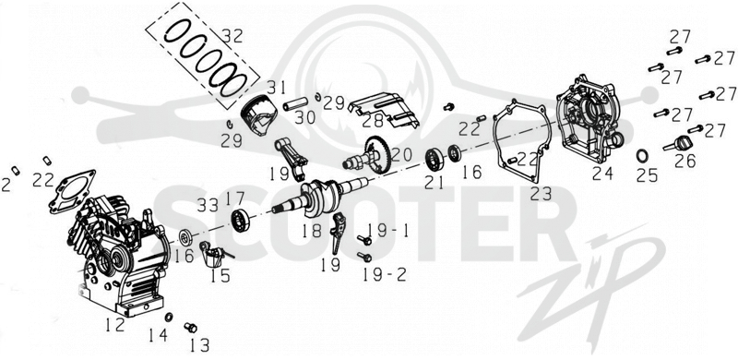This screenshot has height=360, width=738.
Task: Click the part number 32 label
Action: (x=232, y=36)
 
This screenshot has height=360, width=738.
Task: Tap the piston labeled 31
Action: (x=258, y=118)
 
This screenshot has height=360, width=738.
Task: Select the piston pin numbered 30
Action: (x=295, y=103)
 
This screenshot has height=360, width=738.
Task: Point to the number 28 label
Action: (x=374, y=122)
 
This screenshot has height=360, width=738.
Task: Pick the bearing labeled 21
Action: (x=434, y=159)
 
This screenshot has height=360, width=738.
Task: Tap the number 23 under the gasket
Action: (x=541, y=193)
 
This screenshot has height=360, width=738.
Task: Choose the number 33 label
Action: (x=208, y=205)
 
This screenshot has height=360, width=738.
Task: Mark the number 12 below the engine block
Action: (x=115, y=325)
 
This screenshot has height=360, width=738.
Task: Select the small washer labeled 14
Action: (x=169, y=316)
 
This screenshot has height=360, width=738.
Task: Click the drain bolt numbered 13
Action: (x=190, y=327)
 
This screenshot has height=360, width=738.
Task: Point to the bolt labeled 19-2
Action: (x=364, y=257)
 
